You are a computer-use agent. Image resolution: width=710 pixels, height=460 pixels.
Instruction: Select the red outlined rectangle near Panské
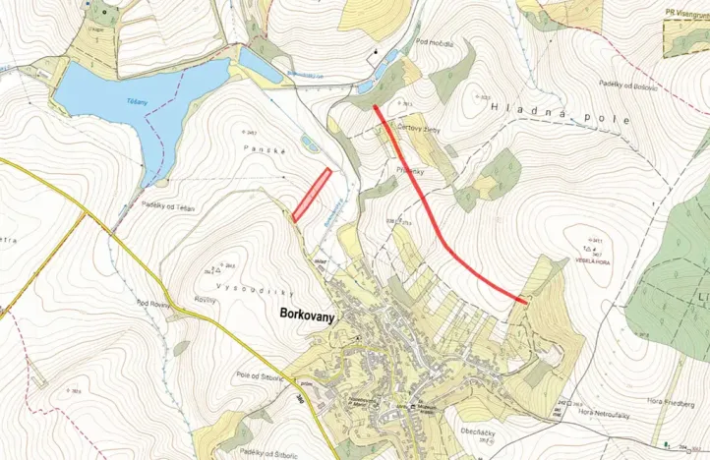pos(311,194)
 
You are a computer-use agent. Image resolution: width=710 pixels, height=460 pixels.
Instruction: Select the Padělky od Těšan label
pos(168,207)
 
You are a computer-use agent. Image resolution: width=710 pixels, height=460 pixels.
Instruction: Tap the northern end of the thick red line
pos(376,106)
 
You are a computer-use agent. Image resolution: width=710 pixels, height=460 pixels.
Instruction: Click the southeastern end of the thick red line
pos(525,303)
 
